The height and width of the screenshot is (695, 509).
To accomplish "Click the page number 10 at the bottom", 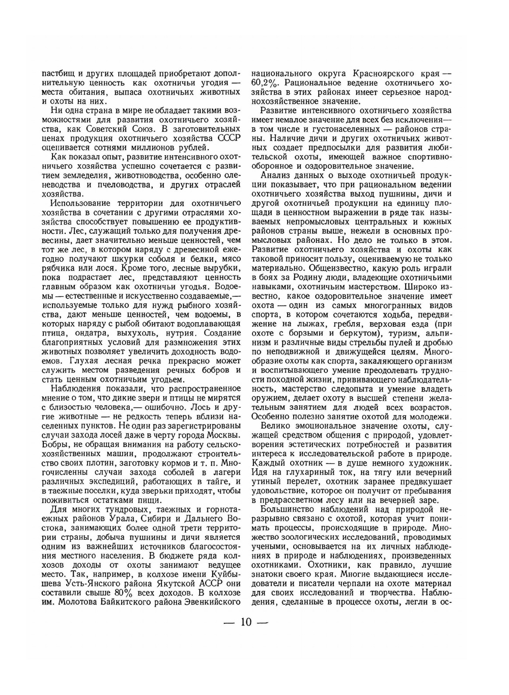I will point(247,622).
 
